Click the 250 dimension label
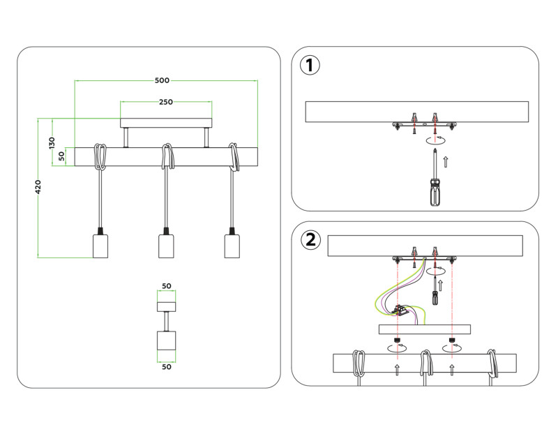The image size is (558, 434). pyautogui.click(x=166, y=102)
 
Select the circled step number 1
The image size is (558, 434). pyautogui.click(x=310, y=66)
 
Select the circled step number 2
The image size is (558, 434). pyautogui.click(x=310, y=240)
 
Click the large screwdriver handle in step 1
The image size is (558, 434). pyautogui.click(x=436, y=191)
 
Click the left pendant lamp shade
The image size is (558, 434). pyautogui.click(x=102, y=246)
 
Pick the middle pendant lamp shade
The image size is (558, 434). pyautogui.click(x=166, y=246)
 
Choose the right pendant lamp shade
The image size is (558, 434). pyautogui.click(x=232, y=246)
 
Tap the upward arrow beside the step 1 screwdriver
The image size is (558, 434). pyautogui.click(x=447, y=162)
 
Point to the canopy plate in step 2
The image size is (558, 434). pyautogui.click(x=424, y=330)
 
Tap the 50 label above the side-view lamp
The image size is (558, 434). pyautogui.click(x=166, y=286)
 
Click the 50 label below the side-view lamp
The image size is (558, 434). pyautogui.click(x=166, y=366)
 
